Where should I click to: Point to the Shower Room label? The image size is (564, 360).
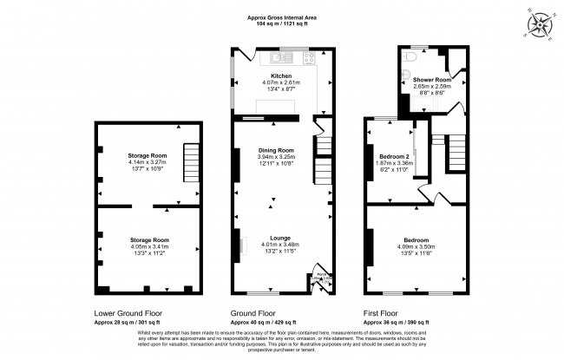coord(418,79)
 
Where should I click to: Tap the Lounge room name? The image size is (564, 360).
coord(281,237)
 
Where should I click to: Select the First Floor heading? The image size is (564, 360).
coord(384,312)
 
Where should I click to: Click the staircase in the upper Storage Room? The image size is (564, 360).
coord(190,162)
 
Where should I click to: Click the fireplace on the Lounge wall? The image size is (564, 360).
coord(242,245)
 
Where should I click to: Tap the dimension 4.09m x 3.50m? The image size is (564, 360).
coord(415,245)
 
